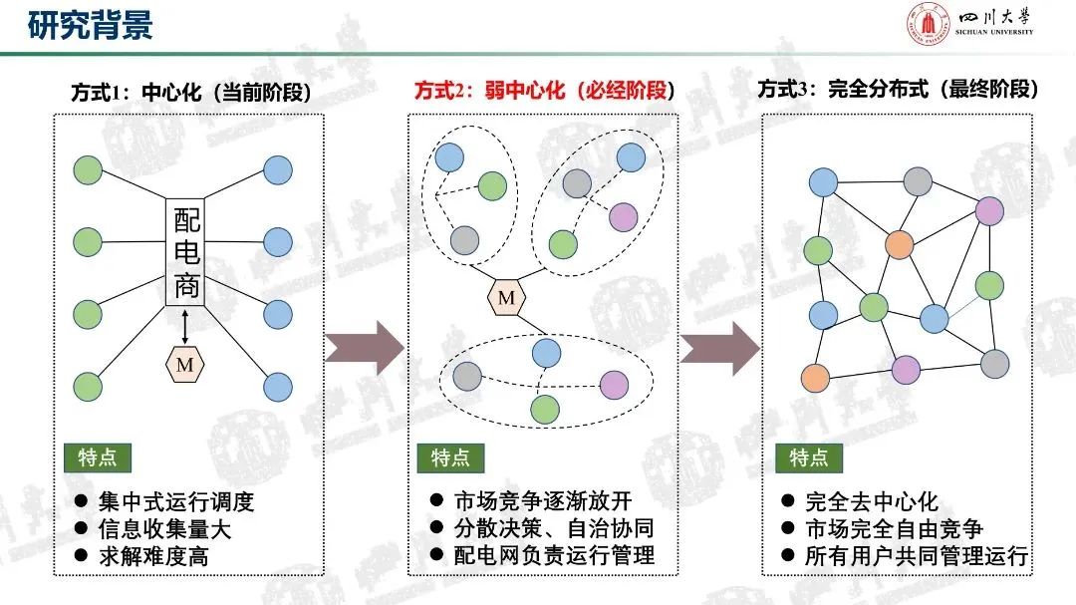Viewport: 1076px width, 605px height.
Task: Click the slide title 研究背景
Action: pos(90,25)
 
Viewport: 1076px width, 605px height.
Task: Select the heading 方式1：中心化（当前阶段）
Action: pos(190,93)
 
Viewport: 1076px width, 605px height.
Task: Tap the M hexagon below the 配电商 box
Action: pos(185,365)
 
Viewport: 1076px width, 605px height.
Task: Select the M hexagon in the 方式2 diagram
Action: pos(507,296)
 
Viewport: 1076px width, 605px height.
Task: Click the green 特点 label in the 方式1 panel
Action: pos(98,457)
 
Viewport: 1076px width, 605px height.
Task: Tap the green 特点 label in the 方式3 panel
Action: pos(808,457)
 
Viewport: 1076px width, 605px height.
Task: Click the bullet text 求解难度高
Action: pos(153,556)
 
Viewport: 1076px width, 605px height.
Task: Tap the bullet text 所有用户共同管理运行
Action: pos(916,556)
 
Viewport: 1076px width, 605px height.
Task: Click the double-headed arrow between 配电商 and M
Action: pos(185,326)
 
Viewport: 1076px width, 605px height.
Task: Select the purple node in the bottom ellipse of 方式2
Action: pos(615,384)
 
